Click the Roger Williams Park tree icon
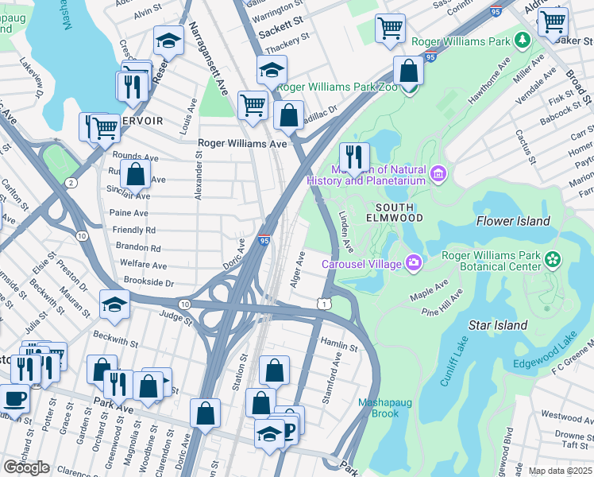(x=522, y=39)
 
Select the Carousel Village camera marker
(x=413, y=262)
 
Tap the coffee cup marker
(x=13, y=398)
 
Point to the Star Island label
(x=498, y=325)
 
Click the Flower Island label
(x=512, y=221)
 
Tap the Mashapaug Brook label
(x=384, y=408)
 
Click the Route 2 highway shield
(x=71, y=184)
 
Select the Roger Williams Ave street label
(x=241, y=144)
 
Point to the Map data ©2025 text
(x=560, y=471)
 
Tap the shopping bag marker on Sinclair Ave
(x=136, y=176)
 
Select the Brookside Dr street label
(x=148, y=281)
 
